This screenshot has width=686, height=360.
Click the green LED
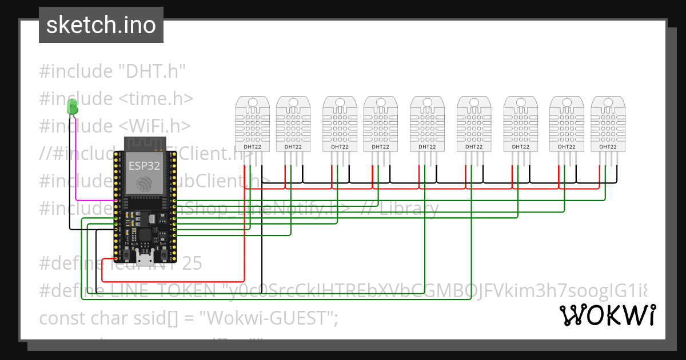73,106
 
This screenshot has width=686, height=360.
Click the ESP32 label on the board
143,166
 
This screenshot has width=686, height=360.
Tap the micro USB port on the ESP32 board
146,259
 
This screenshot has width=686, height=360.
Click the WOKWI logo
607,315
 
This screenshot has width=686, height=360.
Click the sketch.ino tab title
101,25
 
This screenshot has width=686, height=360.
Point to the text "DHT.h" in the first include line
152,71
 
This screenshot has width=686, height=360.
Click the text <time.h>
156,98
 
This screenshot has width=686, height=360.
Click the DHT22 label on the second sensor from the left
292,147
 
